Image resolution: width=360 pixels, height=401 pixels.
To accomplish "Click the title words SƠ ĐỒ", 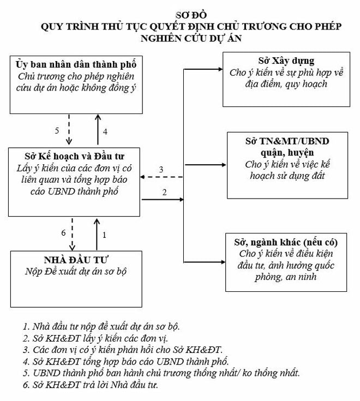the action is [191, 15].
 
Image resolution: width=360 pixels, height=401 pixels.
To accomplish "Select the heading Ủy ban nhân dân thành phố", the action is [76, 65].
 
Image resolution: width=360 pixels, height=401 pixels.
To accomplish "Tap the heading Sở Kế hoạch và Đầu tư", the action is [74, 156].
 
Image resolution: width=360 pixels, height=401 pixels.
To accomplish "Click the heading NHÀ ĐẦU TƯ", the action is [76, 260].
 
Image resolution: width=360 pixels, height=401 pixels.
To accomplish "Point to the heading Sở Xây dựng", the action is [286, 61].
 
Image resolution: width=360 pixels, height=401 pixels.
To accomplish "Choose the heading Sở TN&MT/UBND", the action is [287, 141].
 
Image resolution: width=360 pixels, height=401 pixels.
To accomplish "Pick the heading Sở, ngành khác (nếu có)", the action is [286, 242].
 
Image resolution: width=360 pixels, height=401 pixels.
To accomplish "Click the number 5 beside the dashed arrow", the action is [57, 131].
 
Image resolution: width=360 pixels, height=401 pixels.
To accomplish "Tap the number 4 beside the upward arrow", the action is [105, 131].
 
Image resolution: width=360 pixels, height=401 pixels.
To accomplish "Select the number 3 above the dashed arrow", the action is [161, 169].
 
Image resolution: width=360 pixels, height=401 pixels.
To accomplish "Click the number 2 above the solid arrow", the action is [164, 192].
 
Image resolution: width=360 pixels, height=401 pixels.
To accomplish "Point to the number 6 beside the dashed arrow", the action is [63, 233].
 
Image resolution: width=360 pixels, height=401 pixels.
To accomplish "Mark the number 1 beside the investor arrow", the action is [104, 235].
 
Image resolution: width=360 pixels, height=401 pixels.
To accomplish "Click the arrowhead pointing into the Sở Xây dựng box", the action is [220, 69].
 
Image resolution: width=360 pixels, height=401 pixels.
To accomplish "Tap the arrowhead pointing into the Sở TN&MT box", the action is [224, 165].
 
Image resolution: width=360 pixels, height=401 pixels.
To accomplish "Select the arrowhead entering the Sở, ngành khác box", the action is [223, 262].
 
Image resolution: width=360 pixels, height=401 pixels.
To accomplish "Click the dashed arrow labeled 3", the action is [161, 177].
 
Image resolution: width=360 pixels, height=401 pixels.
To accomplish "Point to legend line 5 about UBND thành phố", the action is [161, 373].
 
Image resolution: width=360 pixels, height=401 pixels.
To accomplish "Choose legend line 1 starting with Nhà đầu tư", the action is [101, 326].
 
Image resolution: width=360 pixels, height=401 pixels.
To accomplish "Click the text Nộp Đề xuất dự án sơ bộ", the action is [76, 272].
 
